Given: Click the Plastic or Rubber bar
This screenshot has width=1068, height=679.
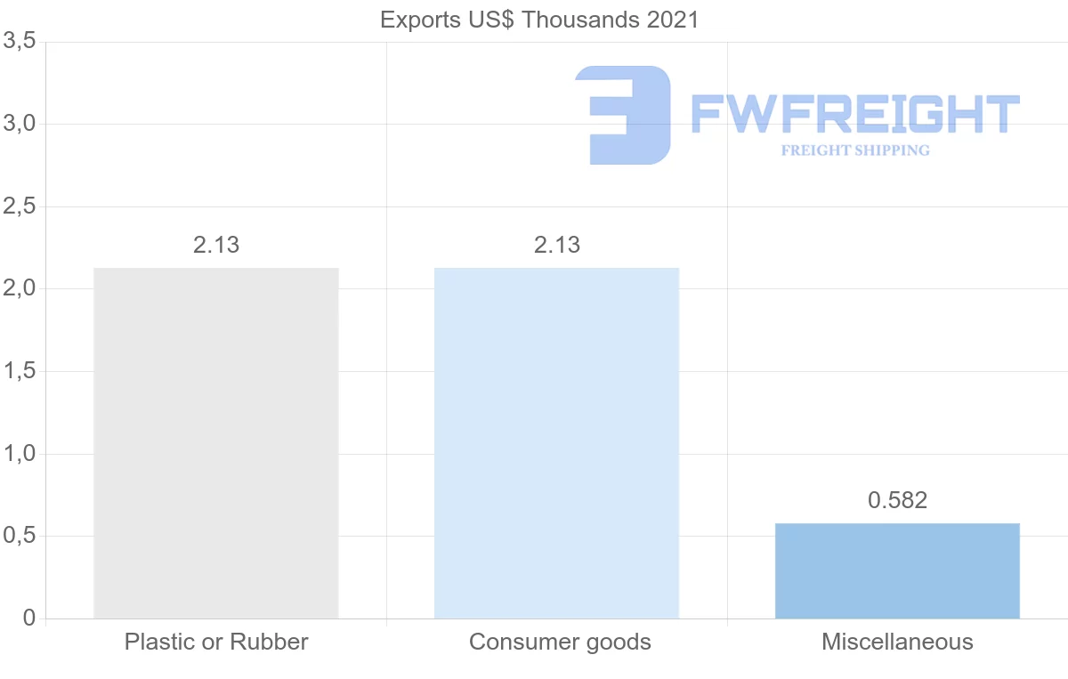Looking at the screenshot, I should tap(216, 442).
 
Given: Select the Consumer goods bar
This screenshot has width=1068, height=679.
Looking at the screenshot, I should tap(556, 442).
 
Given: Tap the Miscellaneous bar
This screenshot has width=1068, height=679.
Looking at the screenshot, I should tap(897, 570).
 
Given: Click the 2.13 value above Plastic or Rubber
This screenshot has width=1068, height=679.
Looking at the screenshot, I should tap(216, 246).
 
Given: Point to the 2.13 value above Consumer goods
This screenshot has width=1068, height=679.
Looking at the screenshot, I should tap(556, 246).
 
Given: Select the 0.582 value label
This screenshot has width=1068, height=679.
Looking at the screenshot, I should tap(897, 500).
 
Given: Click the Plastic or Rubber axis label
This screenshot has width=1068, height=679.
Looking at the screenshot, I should tap(216, 642).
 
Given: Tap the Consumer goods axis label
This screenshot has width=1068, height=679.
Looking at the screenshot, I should tap(560, 642).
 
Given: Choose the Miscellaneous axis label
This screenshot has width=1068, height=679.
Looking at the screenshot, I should tap(897, 642).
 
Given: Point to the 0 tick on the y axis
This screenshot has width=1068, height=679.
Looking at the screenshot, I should tap(28, 618).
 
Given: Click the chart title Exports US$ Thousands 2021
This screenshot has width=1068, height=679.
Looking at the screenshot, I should tap(539, 20).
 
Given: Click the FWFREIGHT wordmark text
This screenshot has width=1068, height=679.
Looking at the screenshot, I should tap(854, 115).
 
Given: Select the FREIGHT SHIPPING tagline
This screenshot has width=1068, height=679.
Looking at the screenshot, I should tap(855, 150).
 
